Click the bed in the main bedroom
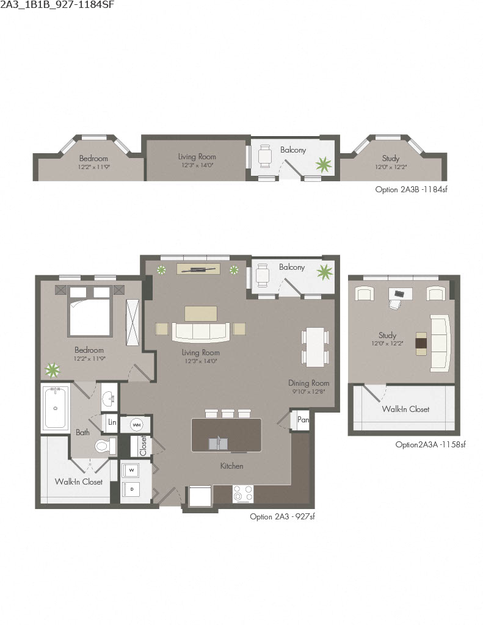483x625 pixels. tap(90, 311)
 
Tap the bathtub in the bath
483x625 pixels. tap(56, 407)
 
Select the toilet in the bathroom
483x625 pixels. tap(104, 447)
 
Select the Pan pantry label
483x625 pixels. tap(303, 421)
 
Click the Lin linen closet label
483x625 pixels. tap(112, 422)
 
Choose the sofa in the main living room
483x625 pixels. tap(200, 331)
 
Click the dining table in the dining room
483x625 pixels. tap(314, 346)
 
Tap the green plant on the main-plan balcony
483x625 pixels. tap(324, 270)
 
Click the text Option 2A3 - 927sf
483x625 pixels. tap(282, 516)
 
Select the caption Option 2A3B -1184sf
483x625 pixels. tap(412, 190)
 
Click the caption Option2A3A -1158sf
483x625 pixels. tap(430, 445)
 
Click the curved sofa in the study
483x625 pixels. tap(439, 343)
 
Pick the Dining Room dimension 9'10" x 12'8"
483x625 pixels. tap(309, 392)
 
